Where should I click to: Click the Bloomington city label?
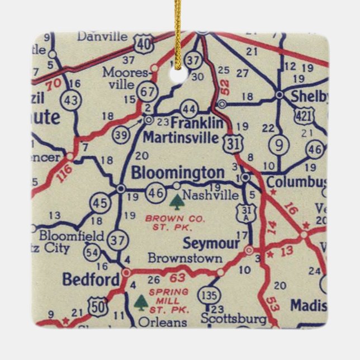(177, 173)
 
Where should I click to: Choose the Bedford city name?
(91, 280)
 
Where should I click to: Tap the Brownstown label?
(184, 259)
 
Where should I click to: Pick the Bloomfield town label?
(72, 235)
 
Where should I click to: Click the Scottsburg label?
(234, 320)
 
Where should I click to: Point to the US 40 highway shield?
(144, 42)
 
